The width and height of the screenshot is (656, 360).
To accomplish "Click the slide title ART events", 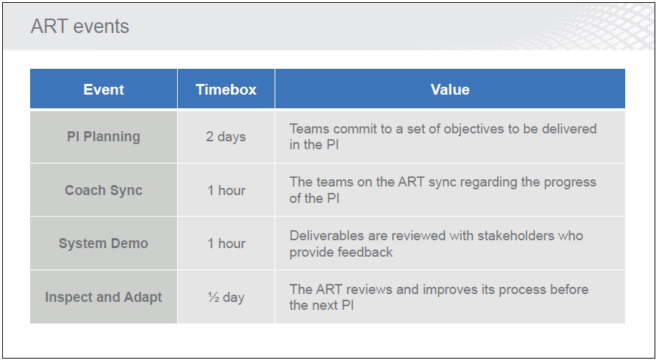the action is (80, 27).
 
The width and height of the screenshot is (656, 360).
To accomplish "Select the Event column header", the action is (104, 89).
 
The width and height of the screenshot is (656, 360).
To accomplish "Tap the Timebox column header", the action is (226, 89).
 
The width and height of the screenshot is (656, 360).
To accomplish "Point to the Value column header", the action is (450, 89).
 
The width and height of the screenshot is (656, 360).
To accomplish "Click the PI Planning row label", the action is (104, 137).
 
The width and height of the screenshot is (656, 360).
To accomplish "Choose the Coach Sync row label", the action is (104, 190).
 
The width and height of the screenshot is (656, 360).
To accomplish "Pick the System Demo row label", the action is (103, 243).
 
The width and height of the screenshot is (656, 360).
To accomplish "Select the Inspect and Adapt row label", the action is (103, 297).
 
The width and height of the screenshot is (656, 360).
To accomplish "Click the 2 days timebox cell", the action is (226, 137).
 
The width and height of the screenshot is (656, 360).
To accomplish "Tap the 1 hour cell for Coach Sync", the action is (227, 190).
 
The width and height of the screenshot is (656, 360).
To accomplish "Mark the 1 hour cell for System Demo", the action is (227, 243).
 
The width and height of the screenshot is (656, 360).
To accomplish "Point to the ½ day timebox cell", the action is (226, 297).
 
